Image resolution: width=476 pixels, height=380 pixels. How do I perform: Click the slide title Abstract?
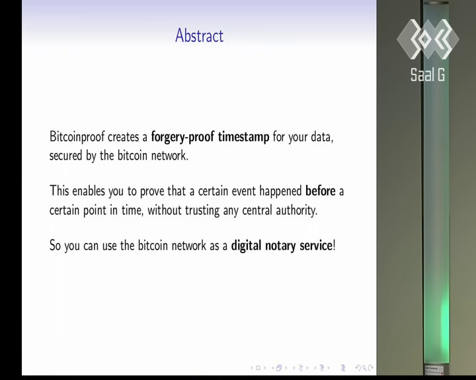(200, 36)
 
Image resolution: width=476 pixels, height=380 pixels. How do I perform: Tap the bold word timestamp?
(243, 137)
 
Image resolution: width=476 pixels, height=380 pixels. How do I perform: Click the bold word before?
(320, 191)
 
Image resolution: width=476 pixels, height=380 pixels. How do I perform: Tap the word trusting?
(202, 210)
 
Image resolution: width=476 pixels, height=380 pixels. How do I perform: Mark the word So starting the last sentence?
(56, 245)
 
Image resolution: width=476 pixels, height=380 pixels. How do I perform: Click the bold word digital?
(246, 246)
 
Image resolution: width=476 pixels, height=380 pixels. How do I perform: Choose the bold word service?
(316, 245)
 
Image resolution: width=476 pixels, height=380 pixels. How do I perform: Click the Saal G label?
(428, 75)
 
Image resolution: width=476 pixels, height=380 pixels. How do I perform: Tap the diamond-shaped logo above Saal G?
(428, 39)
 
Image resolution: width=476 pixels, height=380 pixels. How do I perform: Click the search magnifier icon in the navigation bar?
(364, 368)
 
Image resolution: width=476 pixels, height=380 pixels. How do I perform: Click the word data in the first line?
(322, 137)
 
